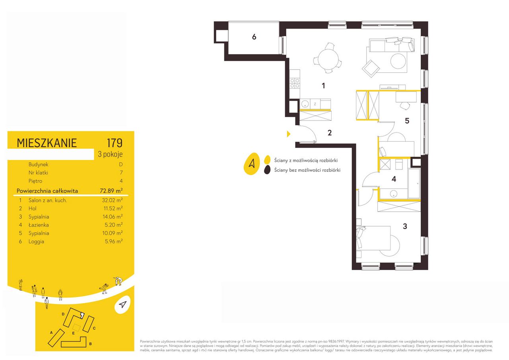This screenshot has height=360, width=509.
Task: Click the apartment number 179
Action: pyautogui.click(x=115, y=143)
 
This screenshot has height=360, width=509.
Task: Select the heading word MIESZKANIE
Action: pyautogui.click(x=47, y=143)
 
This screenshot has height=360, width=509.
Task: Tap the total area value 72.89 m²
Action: pyautogui.click(x=111, y=191)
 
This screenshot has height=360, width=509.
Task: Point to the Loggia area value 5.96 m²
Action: pyautogui.click(x=114, y=241)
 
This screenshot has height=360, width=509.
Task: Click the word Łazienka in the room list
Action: pyautogui.click(x=39, y=225)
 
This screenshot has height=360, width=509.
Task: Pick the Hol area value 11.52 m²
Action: pyautogui.click(x=113, y=208)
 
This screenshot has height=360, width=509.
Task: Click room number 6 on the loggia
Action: pyautogui.click(x=254, y=37)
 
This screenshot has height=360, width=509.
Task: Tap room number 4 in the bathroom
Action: pyautogui.click(x=394, y=179)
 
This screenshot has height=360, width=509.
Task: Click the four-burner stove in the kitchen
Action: pyautogui.click(x=295, y=83)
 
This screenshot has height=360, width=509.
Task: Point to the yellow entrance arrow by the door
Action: pyautogui.click(x=289, y=134)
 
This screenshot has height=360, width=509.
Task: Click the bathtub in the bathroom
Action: pyautogui.click(x=414, y=183)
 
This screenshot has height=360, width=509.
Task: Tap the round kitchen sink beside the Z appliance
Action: pyautogui.click(x=305, y=104)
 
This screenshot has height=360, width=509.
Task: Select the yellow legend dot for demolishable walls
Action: pyautogui.click(x=267, y=160)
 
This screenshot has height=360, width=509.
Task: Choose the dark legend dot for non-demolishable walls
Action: pyautogui.click(x=267, y=170)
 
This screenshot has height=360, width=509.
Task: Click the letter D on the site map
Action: pyautogui.click(x=63, y=314)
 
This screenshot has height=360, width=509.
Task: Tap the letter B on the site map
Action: pyautogui.click(x=90, y=344)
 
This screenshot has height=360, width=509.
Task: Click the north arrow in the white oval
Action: pyautogui.click(x=122, y=305)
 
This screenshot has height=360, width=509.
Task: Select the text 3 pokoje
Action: pyautogui.click(x=110, y=154)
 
